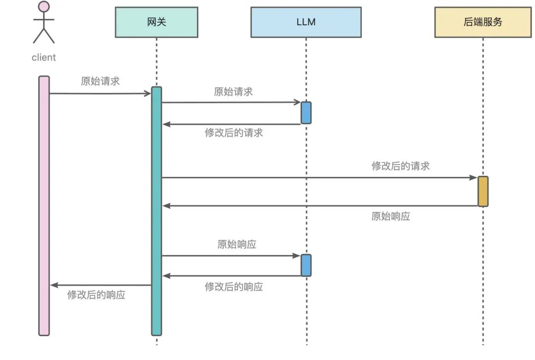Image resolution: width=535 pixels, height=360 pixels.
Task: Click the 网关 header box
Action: coord(157,22)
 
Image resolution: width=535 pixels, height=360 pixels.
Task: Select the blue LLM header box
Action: coord(306,22)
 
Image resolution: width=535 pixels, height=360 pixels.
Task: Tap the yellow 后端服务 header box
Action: coord(482,22)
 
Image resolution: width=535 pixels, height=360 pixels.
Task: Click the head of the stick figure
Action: coord(44,7)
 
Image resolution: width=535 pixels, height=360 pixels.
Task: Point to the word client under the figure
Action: coord(44,57)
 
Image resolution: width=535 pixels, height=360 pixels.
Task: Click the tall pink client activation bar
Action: coord(44,206)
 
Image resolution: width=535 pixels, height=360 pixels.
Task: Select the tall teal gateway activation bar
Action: coord(157,211)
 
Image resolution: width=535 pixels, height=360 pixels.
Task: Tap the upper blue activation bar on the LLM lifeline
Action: coord(306,112)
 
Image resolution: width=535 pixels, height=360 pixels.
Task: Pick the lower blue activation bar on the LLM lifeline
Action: coord(306,265)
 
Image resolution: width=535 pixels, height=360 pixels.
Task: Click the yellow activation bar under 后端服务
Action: coord(483,191)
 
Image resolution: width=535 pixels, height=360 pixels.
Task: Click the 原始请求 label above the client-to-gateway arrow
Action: coord(100,81)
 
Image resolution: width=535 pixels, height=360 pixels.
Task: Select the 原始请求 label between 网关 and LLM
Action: coord(233,92)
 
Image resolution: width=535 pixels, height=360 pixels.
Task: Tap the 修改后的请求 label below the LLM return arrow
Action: coord(234,133)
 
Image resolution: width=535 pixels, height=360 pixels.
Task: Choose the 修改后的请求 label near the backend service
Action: coord(401,166)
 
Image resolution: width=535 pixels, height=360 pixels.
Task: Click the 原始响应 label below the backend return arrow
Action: coord(391,216)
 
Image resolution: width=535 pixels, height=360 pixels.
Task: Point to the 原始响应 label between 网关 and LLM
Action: coord(237,244)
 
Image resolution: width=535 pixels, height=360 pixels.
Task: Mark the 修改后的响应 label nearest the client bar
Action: coord(96,295)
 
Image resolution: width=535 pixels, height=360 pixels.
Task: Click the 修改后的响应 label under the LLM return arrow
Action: coord(234,287)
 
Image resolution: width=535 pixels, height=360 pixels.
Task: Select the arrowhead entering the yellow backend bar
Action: coord(473,177)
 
